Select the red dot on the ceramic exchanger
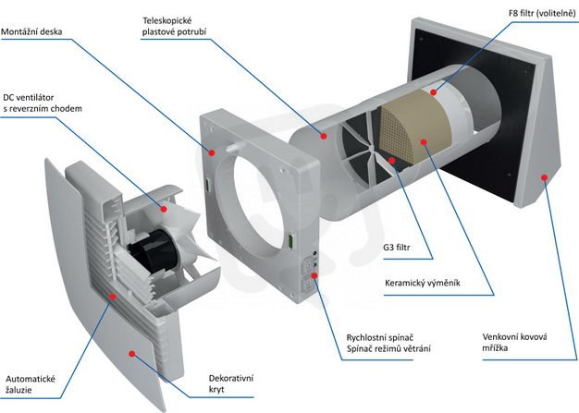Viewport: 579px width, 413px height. pos(422,142)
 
